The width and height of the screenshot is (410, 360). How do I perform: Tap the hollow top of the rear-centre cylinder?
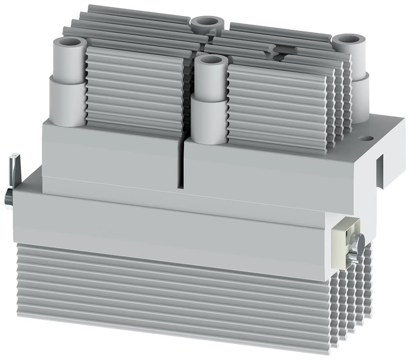pyautogui.click(x=207, y=21)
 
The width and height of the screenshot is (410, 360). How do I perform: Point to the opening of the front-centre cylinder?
pyautogui.click(x=211, y=60)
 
